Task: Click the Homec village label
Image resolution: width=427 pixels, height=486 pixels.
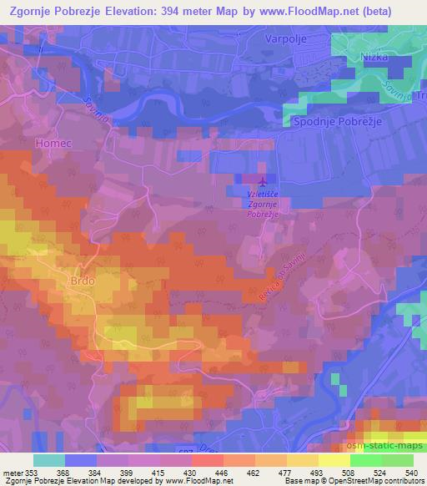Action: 50,143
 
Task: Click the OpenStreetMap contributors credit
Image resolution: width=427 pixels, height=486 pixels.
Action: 369,481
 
